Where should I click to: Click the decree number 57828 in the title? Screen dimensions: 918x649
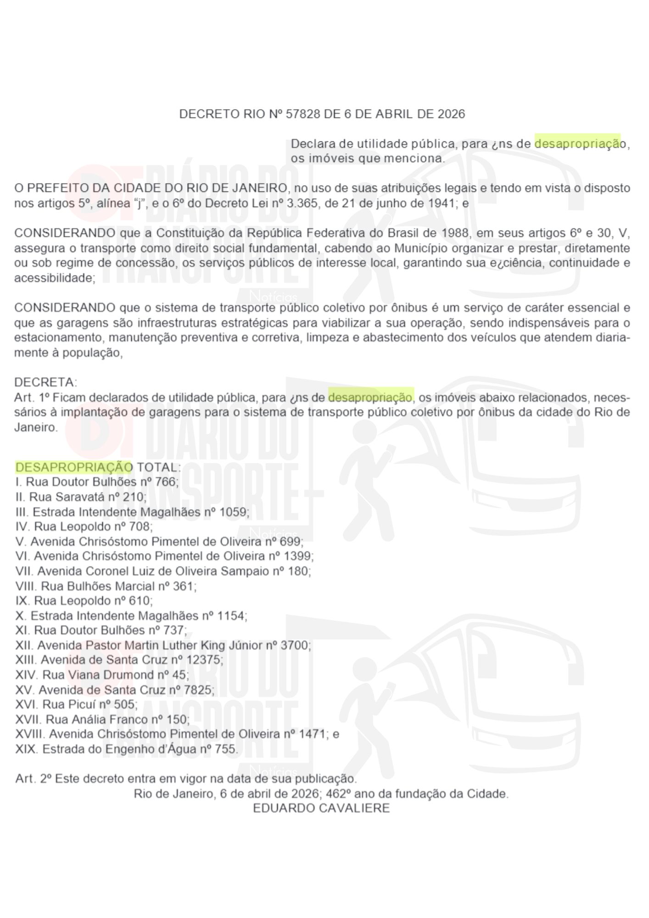302,114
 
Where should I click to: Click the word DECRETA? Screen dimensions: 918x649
46,382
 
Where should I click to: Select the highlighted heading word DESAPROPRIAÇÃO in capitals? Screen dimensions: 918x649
74,467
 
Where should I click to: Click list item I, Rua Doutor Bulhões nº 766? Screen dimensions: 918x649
96,482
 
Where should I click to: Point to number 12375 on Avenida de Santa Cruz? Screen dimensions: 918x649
203,660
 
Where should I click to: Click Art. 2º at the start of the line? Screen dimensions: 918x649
33,779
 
